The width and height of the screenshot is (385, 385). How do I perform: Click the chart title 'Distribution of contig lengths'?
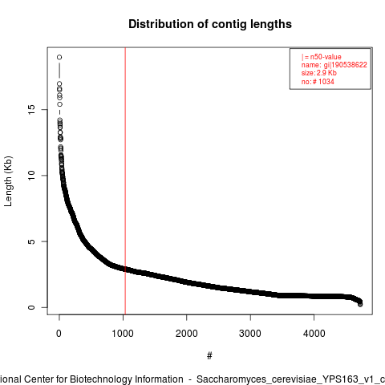[210, 24]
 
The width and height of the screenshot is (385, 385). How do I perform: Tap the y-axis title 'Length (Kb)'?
[8, 181]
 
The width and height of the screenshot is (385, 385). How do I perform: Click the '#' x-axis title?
[209, 355]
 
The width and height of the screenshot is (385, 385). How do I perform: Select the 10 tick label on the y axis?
[31, 176]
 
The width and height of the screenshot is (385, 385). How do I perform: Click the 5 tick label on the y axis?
[31, 241]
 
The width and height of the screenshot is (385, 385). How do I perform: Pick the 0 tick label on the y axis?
[31, 307]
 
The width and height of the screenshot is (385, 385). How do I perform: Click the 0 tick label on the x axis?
[59, 334]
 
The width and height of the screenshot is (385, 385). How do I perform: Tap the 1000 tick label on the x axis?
[123, 334]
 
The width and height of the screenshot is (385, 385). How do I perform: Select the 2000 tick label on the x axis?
[187, 334]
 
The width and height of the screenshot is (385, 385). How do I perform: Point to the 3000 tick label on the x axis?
[250, 334]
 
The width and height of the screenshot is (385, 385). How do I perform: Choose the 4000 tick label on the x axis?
[314, 334]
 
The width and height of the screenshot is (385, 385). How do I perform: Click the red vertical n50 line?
[125, 180]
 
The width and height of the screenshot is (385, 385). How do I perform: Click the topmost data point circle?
[59, 57]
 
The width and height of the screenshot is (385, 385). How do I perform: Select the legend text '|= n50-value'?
[322, 57]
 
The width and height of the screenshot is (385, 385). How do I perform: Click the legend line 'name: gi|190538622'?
[334, 65]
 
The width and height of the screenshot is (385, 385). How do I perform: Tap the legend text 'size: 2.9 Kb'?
[319, 73]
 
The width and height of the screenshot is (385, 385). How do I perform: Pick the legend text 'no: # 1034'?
[318, 81]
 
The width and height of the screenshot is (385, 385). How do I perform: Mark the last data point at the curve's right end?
[360, 304]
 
